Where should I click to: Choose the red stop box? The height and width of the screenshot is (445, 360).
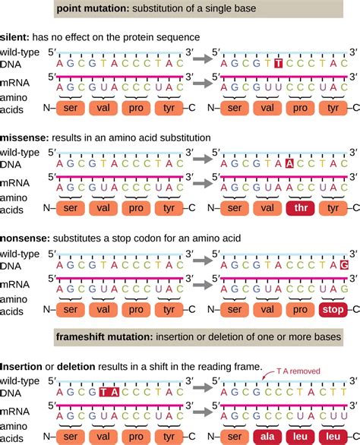pos(331,309)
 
